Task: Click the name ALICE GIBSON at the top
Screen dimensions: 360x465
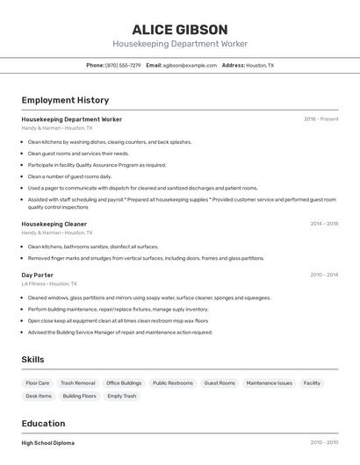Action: tap(180, 29)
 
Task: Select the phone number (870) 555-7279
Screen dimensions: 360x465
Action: tap(122, 65)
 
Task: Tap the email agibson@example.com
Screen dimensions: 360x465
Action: tap(190, 65)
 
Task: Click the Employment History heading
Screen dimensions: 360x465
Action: tap(65, 100)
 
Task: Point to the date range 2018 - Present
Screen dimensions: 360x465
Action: tap(320, 119)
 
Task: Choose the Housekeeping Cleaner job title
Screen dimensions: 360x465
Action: tap(54, 224)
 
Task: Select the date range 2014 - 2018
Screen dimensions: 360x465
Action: tap(324, 224)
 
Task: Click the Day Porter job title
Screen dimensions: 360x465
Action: tap(37, 275)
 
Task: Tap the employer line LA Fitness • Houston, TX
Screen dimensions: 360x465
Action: tap(49, 284)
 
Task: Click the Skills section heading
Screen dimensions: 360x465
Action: tap(33, 360)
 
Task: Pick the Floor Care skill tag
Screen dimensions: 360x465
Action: tap(38, 383)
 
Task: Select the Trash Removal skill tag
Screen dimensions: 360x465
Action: tap(78, 383)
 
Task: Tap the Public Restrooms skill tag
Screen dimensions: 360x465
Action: tap(173, 383)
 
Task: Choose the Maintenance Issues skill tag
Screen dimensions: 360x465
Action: tap(270, 383)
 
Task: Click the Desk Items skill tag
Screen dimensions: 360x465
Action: tap(39, 397)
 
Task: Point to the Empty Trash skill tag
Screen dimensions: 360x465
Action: tap(122, 397)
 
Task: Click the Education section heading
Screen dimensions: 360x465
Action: tap(43, 423)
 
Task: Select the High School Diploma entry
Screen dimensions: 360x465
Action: tap(48, 443)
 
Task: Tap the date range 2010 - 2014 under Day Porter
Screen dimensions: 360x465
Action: tap(324, 275)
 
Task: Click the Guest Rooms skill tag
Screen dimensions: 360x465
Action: tap(220, 383)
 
